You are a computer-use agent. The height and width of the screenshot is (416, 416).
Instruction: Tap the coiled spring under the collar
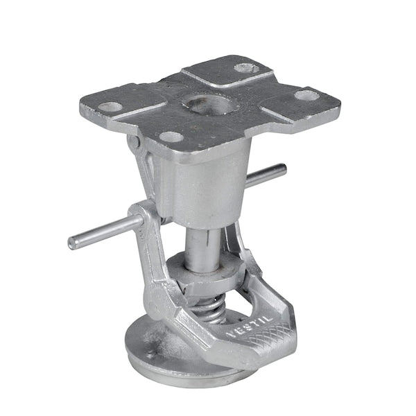click(x=209, y=306)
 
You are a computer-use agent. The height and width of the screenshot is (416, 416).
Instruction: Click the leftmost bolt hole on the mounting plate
click(x=110, y=107)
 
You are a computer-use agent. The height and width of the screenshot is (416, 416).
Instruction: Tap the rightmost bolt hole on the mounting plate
click(x=306, y=95)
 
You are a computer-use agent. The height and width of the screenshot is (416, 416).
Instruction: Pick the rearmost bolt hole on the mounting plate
click(x=246, y=68)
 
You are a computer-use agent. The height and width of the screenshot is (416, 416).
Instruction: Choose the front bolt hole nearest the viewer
click(x=171, y=137)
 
